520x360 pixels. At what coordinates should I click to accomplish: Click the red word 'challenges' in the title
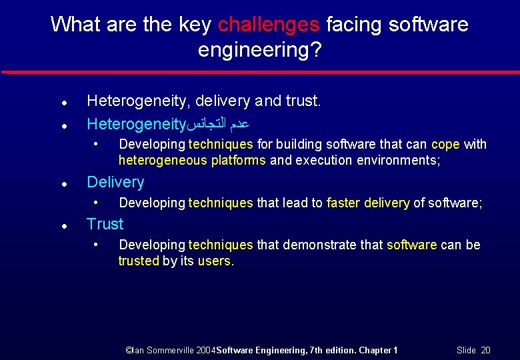point(269,25)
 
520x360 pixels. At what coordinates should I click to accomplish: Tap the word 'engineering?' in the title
point(260,50)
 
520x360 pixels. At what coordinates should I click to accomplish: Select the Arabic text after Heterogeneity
point(219,124)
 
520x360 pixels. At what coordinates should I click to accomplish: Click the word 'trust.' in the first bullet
point(303,101)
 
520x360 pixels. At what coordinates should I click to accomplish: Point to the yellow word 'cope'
point(446,145)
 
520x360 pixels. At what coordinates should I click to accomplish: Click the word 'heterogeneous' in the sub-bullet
point(156,161)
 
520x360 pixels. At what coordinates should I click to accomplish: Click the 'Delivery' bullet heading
point(115,182)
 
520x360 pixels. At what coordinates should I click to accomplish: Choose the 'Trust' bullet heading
point(105,224)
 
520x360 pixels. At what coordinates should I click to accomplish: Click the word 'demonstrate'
point(315,245)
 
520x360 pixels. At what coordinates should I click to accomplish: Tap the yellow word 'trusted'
point(139,261)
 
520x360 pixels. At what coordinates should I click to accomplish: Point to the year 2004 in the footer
point(205,350)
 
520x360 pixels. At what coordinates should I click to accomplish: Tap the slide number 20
point(486,350)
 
